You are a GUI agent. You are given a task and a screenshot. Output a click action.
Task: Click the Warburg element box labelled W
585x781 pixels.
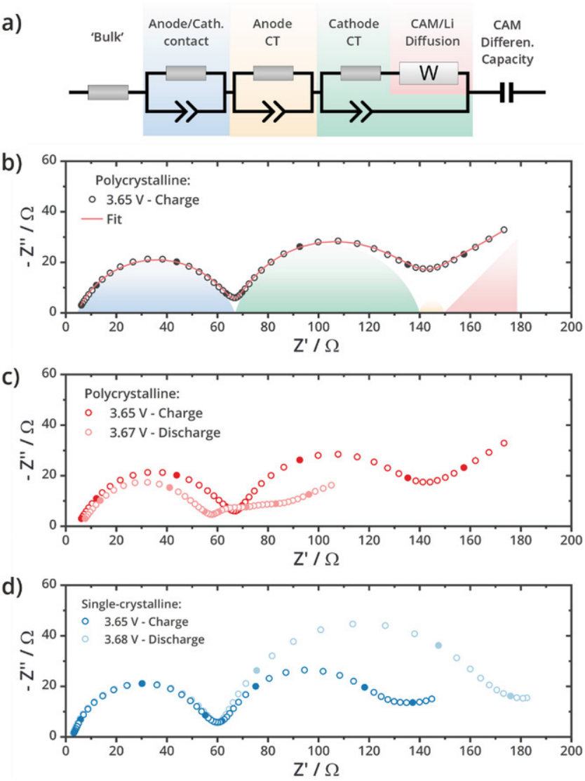[x=429, y=74]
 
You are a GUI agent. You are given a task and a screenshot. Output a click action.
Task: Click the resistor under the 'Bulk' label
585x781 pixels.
[x=108, y=92]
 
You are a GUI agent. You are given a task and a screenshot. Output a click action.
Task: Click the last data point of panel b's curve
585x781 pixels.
[x=504, y=229]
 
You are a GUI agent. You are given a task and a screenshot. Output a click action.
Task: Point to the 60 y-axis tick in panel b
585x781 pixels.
[x=49, y=161]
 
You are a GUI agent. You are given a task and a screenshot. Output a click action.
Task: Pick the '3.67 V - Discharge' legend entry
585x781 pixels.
[x=159, y=432]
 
